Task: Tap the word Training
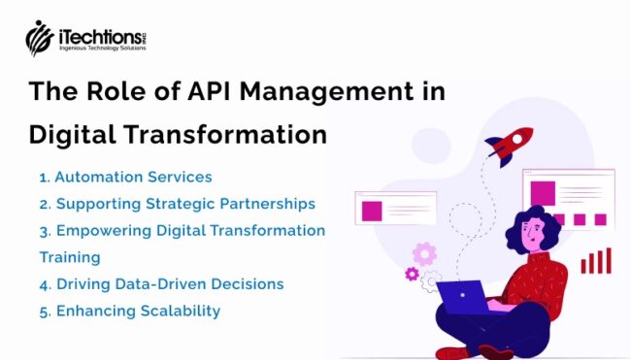pyautogui.click(x=70, y=258)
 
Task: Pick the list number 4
pyautogui.click(x=44, y=284)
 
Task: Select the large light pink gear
pyautogui.click(x=424, y=254)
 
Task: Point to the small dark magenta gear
pyautogui.click(x=412, y=275)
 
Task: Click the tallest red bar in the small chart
pyautogui.click(x=607, y=260)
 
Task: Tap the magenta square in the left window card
pyautogui.click(x=372, y=210)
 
